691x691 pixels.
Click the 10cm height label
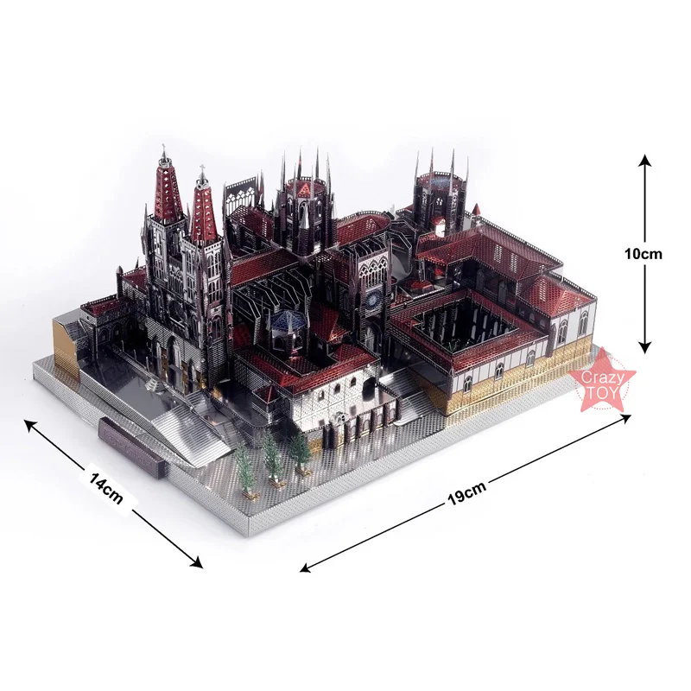[644, 254]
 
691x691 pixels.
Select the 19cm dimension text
[466, 496]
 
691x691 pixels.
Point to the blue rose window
[373, 299]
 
